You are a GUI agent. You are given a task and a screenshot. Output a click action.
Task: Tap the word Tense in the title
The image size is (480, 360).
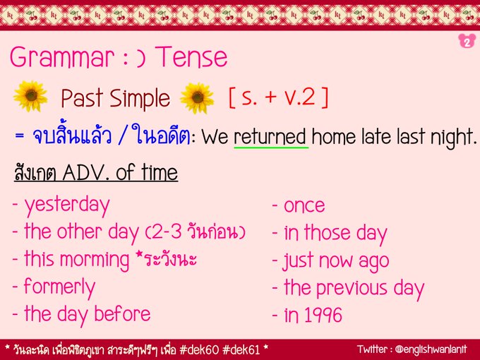[x=193, y=56]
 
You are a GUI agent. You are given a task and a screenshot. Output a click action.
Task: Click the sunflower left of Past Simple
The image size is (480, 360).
[x=30, y=97]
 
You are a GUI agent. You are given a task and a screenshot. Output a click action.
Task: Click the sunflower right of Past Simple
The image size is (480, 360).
[x=198, y=97]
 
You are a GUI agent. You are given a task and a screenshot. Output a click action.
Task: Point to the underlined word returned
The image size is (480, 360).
[x=270, y=137]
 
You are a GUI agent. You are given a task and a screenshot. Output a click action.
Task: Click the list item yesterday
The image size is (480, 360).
[x=66, y=205]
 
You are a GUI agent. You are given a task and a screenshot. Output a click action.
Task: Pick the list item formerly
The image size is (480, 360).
[x=59, y=287]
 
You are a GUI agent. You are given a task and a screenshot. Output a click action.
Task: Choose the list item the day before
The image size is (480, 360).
[x=87, y=313]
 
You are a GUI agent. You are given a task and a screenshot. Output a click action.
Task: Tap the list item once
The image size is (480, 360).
[x=304, y=205]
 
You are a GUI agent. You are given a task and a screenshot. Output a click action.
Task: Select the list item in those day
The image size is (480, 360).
[x=335, y=233]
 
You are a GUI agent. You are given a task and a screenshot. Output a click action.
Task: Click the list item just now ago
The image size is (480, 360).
[x=335, y=260]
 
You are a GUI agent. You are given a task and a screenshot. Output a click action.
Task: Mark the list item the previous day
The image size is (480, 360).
[x=353, y=288]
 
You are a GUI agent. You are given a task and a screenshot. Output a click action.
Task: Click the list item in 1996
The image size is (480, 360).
[x=312, y=316]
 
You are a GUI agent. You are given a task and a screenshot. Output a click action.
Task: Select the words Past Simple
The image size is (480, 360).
[x=115, y=98]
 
